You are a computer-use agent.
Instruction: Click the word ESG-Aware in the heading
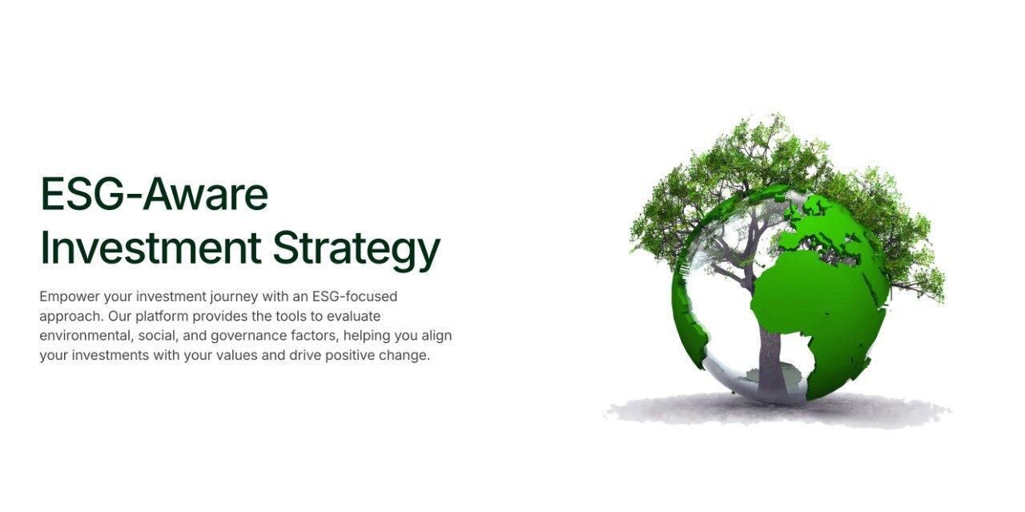(155, 194)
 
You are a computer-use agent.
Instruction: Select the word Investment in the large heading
(151, 248)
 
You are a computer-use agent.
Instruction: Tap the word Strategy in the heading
(356, 252)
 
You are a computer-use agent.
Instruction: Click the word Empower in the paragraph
(70, 297)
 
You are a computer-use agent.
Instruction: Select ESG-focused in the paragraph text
(355, 296)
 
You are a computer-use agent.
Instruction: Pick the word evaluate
(354, 316)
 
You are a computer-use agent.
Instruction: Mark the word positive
(350, 356)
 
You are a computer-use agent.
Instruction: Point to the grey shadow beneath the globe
(778, 411)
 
